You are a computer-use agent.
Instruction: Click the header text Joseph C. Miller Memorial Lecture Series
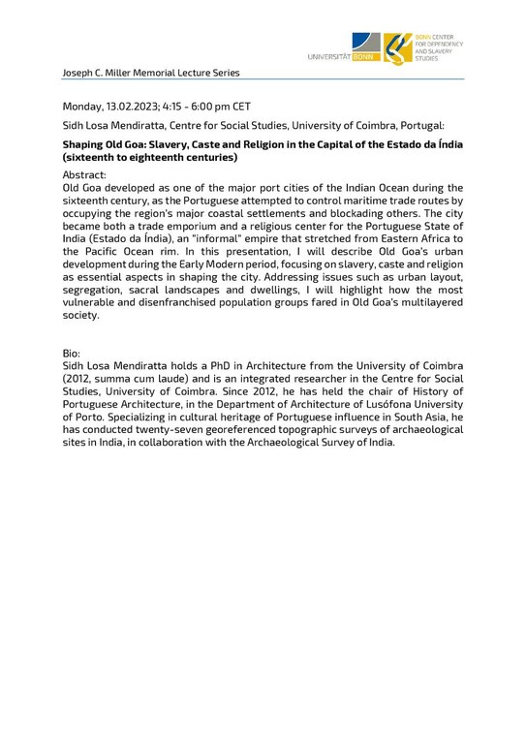(150, 72)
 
